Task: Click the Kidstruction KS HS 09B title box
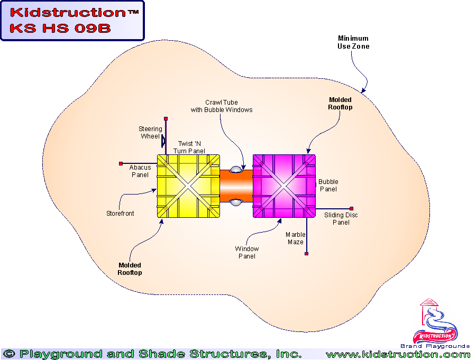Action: click(72, 21)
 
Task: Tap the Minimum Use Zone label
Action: click(353, 42)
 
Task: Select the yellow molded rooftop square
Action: click(189, 186)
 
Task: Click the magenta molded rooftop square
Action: click(284, 186)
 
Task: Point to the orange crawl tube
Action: click(236, 186)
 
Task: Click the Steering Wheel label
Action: click(150, 133)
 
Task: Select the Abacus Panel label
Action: click(140, 171)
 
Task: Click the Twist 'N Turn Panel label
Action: click(189, 147)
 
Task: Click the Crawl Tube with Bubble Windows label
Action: click(222, 106)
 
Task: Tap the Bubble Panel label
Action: click(328, 186)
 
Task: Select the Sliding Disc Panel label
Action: click(341, 219)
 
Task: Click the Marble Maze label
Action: click(295, 238)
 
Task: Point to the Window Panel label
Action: click(247, 252)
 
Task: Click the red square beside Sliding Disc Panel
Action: click(351, 208)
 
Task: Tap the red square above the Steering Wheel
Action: click(166, 118)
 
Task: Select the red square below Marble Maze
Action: click(306, 254)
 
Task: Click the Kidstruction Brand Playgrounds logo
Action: click(435, 324)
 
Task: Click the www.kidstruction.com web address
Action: click(397, 354)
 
